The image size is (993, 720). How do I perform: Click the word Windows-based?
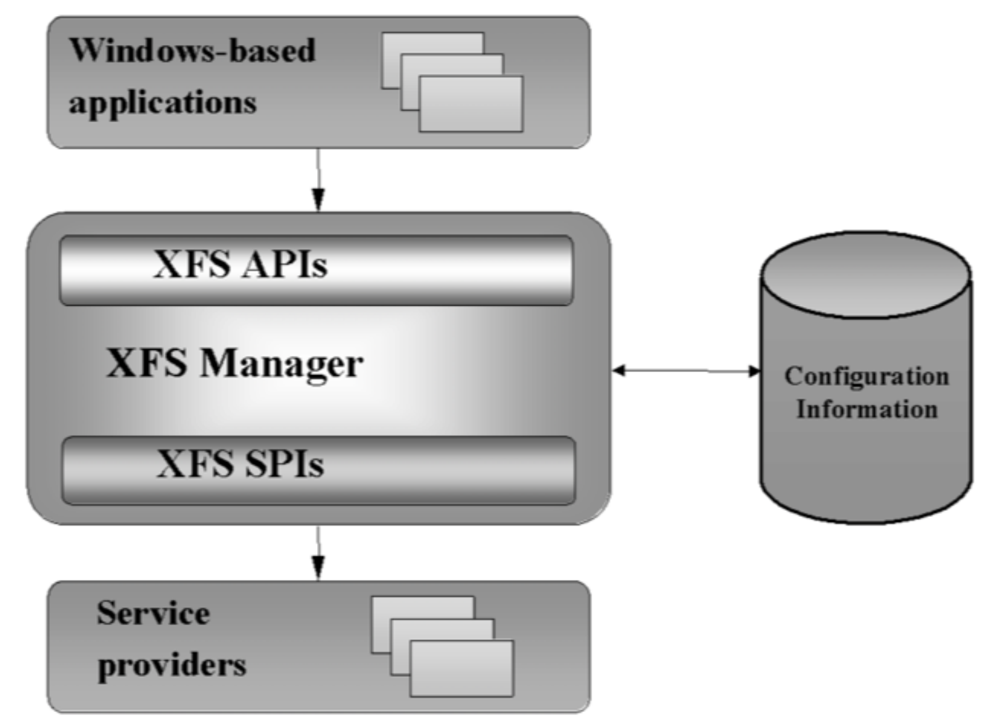[x=192, y=50]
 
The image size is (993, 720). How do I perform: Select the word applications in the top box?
[x=162, y=102]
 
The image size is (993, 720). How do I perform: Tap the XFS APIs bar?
[x=316, y=270]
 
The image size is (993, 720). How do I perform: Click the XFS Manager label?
[x=234, y=363]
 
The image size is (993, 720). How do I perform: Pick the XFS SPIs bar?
[x=318, y=470]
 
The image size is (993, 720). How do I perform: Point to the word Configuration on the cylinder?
[x=866, y=376]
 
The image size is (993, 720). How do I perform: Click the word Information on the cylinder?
[x=867, y=409]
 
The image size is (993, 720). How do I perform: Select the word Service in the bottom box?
[x=153, y=613]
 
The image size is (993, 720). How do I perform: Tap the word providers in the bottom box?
[x=171, y=664]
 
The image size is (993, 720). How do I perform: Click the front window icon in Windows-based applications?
[x=471, y=104]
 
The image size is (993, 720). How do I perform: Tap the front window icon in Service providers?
[x=461, y=668]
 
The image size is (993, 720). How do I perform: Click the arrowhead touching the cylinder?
[x=754, y=371]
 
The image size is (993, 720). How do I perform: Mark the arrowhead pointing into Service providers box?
[x=318, y=569]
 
